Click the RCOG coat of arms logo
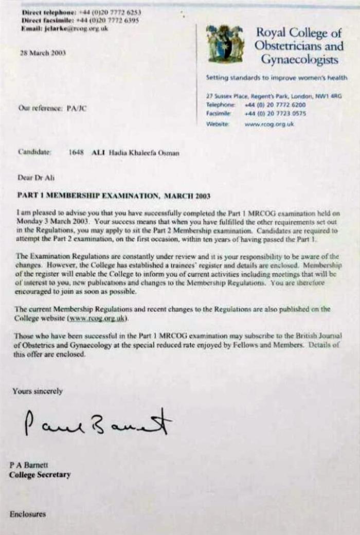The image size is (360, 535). pyautogui.click(x=225, y=44)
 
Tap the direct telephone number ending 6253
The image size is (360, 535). pyautogui.click(x=109, y=11)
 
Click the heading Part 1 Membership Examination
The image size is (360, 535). pyautogui.click(x=114, y=196)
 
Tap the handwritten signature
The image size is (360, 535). pyautogui.click(x=98, y=423)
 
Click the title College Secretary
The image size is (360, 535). pyautogui.click(x=40, y=474)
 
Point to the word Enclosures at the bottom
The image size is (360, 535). pyautogui.click(x=27, y=514)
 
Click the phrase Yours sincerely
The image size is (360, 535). pyautogui.click(x=38, y=391)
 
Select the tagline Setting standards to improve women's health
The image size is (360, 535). pyautogui.click(x=277, y=78)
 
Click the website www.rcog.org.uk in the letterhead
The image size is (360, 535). pyautogui.click(x=269, y=124)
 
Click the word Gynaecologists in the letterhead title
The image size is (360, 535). pyautogui.click(x=299, y=60)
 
